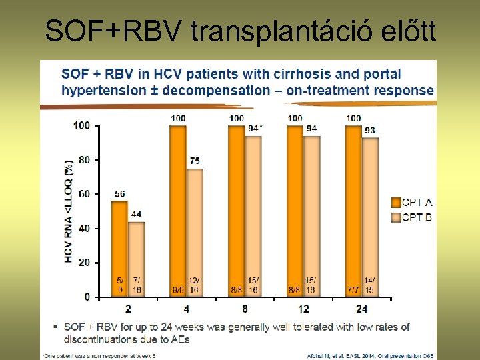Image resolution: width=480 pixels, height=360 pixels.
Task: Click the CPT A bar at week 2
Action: point(119,248)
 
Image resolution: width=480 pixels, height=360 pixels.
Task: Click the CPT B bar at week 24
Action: point(370,217)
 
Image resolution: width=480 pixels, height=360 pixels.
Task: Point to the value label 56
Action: point(119,194)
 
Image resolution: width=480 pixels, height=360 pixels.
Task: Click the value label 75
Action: point(195,161)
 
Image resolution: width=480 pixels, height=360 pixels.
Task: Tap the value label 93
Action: point(370,130)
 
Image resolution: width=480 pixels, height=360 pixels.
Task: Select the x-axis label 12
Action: point(303,309)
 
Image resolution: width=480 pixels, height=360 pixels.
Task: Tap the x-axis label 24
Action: point(361,309)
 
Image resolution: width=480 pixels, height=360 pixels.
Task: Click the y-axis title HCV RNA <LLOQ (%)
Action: point(69,211)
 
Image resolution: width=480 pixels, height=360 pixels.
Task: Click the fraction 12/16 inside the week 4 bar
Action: point(195,285)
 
